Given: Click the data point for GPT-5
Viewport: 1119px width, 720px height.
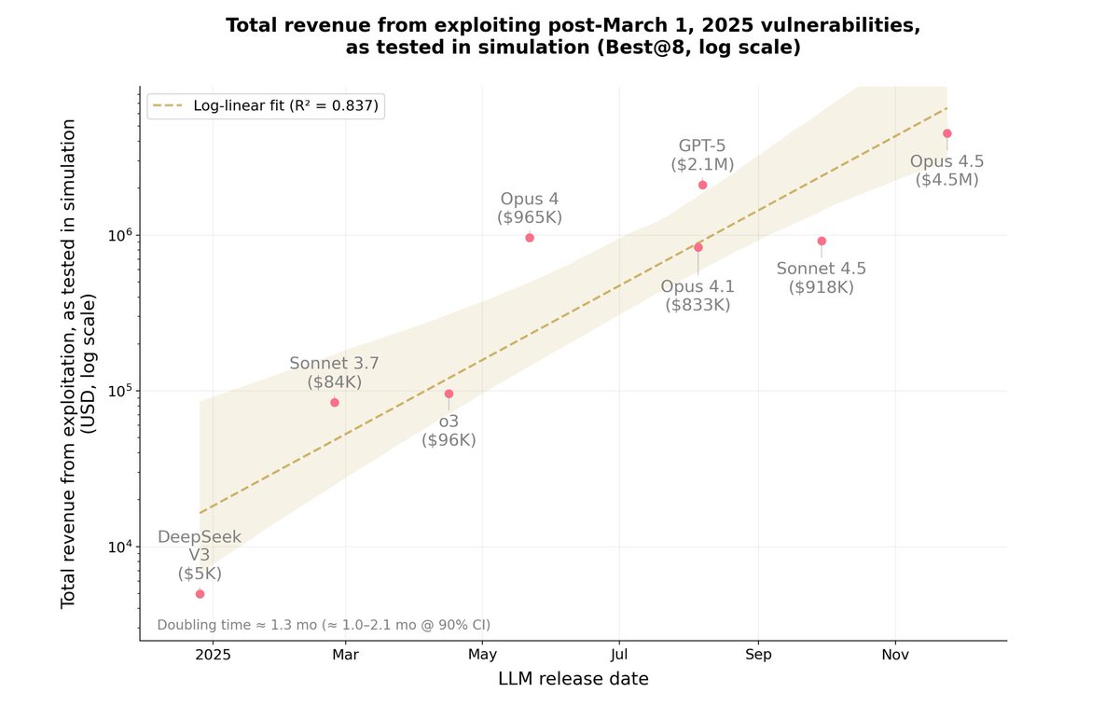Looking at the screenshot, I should [x=702, y=185].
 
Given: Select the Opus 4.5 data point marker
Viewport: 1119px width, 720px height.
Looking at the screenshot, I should [x=946, y=133].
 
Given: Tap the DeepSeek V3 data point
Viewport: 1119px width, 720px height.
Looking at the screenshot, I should [x=200, y=594].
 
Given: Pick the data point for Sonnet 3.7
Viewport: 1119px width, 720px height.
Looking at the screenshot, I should [x=335, y=402].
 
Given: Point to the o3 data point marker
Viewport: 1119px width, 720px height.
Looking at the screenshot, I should [x=449, y=394].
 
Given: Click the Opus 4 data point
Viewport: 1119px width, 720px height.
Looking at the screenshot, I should [x=530, y=238].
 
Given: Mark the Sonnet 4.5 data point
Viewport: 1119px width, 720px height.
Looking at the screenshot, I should [x=822, y=241].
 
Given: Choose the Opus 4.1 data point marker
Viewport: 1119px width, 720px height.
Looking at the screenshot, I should [x=698, y=247].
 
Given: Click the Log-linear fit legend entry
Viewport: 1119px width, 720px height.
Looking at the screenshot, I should [x=266, y=105].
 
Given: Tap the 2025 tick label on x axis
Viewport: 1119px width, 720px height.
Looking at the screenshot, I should [x=213, y=655].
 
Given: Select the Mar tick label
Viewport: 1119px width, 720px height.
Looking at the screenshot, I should [x=346, y=655].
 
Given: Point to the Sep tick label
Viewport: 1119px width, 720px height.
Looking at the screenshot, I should [x=758, y=655].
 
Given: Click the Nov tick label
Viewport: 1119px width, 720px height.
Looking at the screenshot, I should [x=895, y=655].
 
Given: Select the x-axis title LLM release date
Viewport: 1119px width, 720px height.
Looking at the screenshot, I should [x=573, y=679].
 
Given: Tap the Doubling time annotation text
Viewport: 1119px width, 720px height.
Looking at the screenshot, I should [x=324, y=625].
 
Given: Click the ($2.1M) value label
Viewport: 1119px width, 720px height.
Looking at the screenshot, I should [x=702, y=164].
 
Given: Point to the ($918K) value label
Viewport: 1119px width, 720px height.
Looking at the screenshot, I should [x=822, y=287].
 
